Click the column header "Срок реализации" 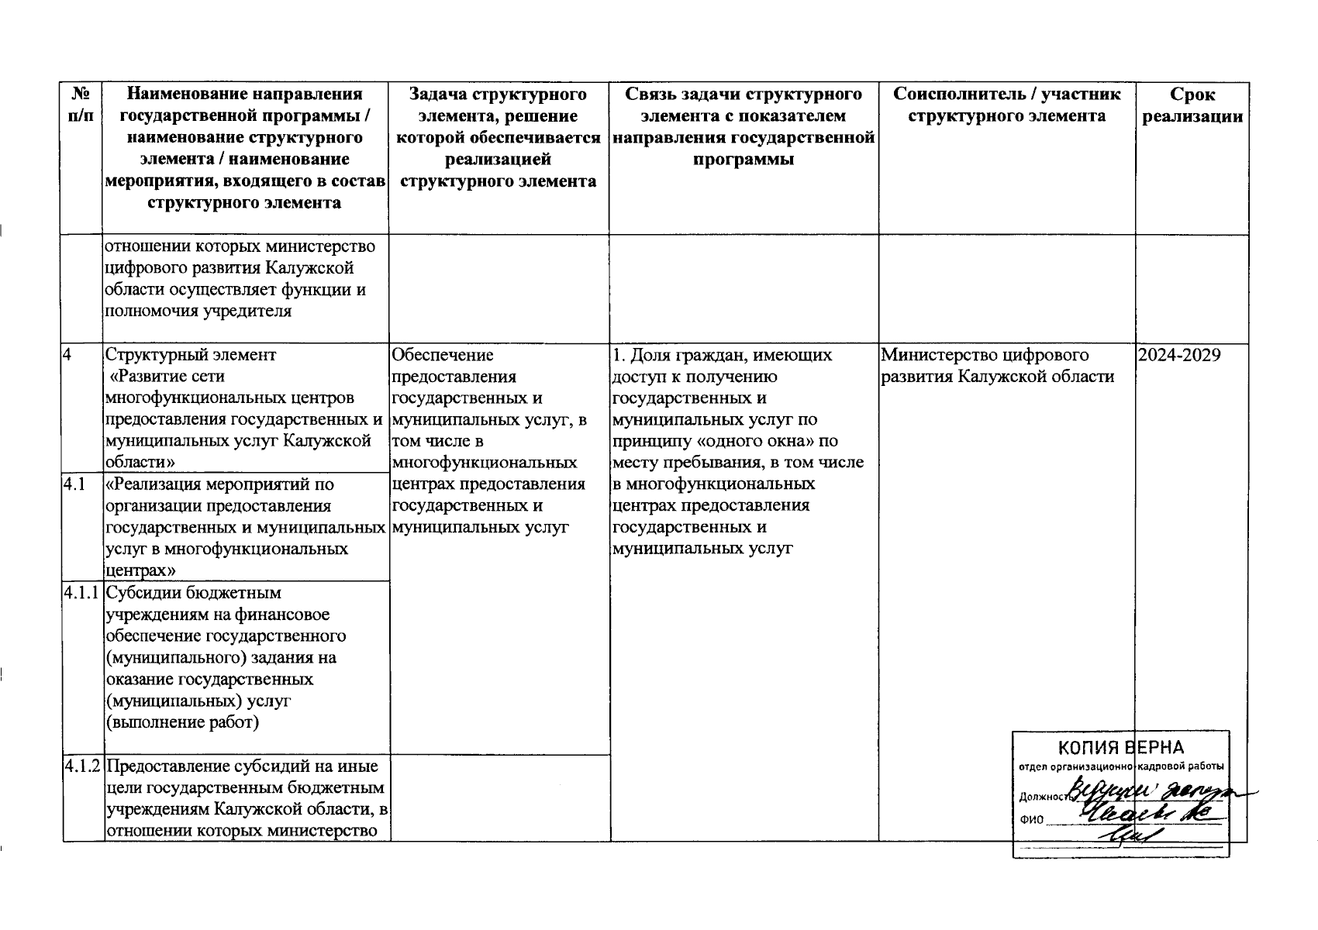click(x=1192, y=106)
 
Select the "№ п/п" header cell click(x=82, y=106)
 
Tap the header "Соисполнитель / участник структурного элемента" click(x=1006, y=106)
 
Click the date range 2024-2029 click(x=1179, y=356)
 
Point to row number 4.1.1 click(x=82, y=594)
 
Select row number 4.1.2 click(x=82, y=767)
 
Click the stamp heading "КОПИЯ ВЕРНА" click(x=1121, y=748)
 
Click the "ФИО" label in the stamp click(x=1032, y=819)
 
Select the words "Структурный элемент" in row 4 click(x=191, y=356)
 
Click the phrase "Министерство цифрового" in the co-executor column click(x=985, y=356)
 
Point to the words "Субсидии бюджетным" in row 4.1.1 click(x=194, y=594)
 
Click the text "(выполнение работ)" click(x=183, y=723)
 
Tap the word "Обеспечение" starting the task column click(x=443, y=356)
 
